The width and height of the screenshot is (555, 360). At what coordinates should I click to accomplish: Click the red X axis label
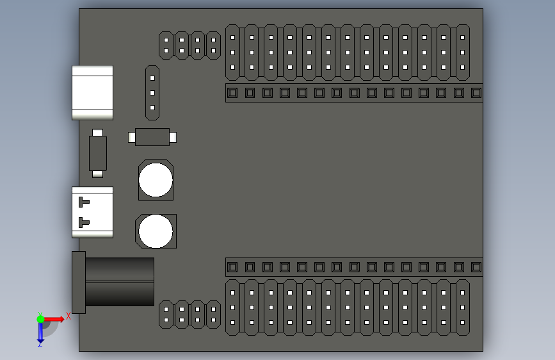[68, 316]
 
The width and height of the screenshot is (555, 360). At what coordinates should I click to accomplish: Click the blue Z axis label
[40, 344]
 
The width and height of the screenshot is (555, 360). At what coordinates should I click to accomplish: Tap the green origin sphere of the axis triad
[40, 319]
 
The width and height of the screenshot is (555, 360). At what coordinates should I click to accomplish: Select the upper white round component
[156, 180]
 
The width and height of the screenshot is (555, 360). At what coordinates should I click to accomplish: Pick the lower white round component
[156, 231]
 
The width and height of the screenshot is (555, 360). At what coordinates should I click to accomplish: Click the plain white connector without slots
[93, 92]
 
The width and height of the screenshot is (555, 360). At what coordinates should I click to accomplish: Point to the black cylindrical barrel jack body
[120, 282]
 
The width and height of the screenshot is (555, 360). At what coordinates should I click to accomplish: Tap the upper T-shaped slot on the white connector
[83, 202]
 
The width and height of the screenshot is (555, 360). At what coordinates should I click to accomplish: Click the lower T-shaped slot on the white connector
[83, 222]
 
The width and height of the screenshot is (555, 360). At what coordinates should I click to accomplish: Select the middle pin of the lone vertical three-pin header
[152, 93]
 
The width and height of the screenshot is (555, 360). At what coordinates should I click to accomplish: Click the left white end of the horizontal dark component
[132, 137]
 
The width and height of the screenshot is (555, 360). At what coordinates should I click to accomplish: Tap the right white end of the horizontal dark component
[172, 137]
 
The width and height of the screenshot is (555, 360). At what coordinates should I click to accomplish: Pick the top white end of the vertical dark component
[97, 133]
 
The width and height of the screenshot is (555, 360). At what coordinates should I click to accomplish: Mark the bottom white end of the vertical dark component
[97, 174]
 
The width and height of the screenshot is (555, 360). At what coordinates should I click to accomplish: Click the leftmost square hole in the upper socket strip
[232, 93]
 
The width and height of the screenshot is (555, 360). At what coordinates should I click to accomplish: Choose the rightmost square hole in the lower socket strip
[476, 267]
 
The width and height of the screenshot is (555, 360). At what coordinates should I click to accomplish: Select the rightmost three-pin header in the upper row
[462, 53]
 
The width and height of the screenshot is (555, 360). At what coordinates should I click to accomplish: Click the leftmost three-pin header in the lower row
[232, 307]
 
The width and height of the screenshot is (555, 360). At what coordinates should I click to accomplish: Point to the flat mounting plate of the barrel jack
[79, 282]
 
